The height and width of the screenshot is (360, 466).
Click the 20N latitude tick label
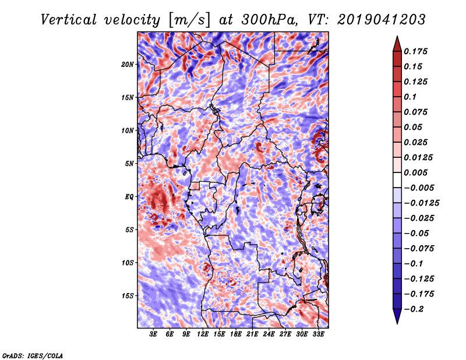tap(128, 65)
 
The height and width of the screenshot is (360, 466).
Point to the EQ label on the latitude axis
tap(129, 197)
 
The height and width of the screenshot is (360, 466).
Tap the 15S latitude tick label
tap(128, 296)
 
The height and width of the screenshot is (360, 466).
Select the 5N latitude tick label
tap(129, 164)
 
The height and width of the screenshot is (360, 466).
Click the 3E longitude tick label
tap(153, 334)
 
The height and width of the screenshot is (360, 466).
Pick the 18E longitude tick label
tap(236, 334)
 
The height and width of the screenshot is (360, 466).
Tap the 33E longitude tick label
tap(318, 334)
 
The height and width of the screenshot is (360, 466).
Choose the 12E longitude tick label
tap(203, 334)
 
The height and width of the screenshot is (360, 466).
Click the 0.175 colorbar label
tap(415, 51)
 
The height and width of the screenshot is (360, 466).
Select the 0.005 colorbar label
tap(415, 172)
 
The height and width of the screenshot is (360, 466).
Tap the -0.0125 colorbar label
tap(421, 203)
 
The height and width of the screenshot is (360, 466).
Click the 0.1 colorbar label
tap(410, 97)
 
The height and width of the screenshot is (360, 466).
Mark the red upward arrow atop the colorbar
tap(397, 44)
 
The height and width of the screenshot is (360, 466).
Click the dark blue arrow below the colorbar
tap(397, 316)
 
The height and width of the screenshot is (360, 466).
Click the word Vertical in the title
tap(69, 20)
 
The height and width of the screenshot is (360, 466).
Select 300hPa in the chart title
tap(269, 20)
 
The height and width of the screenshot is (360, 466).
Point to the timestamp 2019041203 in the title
tap(382, 20)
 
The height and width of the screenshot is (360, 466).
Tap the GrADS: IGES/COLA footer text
tap(33, 356)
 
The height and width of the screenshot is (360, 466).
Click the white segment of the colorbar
tap(397, 180)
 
